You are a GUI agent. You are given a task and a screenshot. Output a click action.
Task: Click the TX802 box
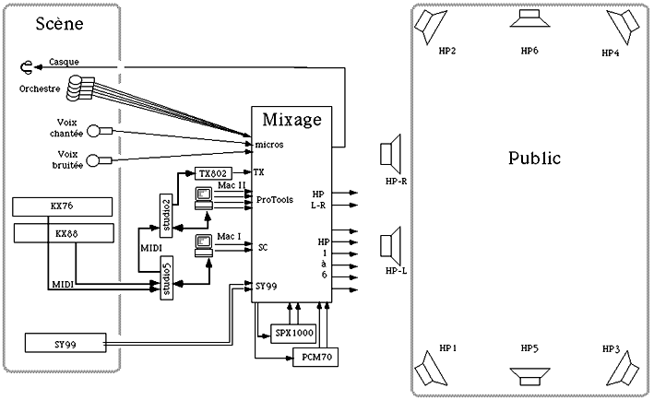[x=213, y=173]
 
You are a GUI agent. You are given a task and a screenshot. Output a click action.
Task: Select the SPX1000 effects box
[x=293, y=334]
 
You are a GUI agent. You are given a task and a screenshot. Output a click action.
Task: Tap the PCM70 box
[x=315, y=357]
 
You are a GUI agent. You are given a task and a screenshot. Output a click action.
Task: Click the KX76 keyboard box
[x=62, y=206]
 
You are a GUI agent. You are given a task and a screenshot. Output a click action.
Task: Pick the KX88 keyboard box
[x=64, y=233]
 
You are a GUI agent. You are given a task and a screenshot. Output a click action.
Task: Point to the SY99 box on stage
[x=65, y=343]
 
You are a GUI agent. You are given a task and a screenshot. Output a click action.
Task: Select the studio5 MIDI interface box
[x=167, y=278]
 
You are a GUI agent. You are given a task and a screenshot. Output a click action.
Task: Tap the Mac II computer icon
[x=204, y=198]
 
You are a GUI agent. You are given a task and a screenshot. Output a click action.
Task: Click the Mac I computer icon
[x=204, y=246]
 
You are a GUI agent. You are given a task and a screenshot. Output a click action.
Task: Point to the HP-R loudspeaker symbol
[x=391, y=154]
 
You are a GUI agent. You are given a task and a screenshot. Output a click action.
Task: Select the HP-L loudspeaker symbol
[x=391, y=246]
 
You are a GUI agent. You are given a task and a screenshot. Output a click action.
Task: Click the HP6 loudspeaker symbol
[x=529, y=18]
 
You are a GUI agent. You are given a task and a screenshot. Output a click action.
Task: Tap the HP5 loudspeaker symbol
[x=529, y=377]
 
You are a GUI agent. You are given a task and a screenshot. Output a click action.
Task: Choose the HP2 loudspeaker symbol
[x=430, y=26]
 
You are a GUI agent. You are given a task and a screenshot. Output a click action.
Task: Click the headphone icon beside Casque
[x=27, y=67]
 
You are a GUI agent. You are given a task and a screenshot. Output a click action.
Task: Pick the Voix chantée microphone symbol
[x=101, y=131]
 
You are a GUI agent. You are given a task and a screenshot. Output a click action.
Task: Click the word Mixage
[x=292, y=120]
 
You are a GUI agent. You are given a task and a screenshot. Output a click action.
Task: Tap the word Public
[x=534, y=158]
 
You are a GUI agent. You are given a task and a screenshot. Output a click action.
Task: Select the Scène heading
[x=59, y=23]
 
